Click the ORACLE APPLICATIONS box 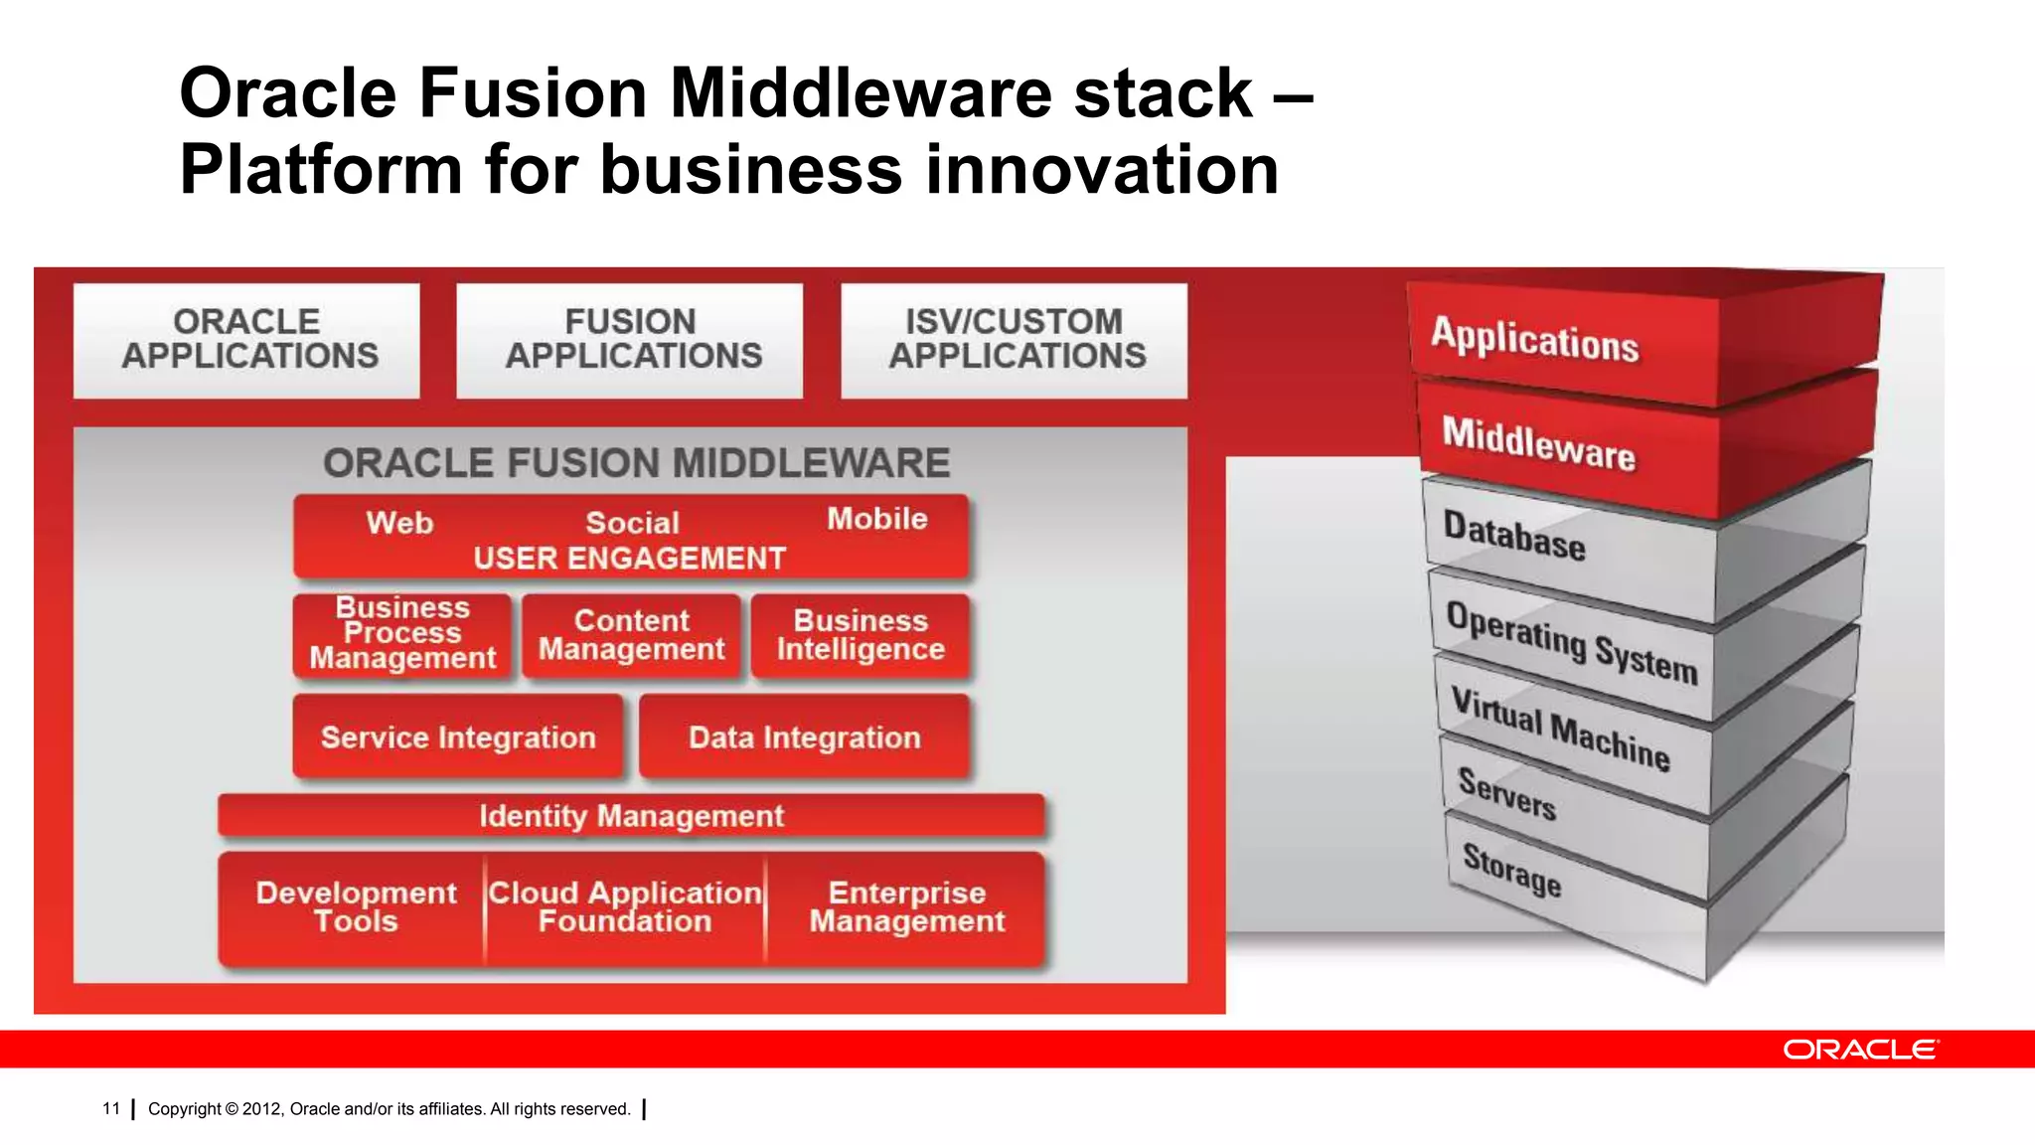pos(246,340)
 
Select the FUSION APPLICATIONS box pos(630,340)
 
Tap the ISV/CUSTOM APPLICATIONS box pos(1015,340)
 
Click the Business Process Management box pos(402,634)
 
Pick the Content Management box pos(632,635)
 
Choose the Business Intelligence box pos(861,635)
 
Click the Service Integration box pos(458,737)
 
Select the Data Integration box pos(805,737)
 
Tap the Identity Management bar pos(631,816)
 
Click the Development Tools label pos(356,906)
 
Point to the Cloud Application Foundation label pos(625,906)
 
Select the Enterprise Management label pos(907,906)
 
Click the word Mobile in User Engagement pos(877,519)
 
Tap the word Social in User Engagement pos(632,523)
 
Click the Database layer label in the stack pos(1513,537)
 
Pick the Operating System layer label pos(1571,642)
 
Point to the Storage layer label pos(1511,870)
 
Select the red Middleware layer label pos(1538,443)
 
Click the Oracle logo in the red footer pos(1859,1050)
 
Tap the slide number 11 pos(111,1108)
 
